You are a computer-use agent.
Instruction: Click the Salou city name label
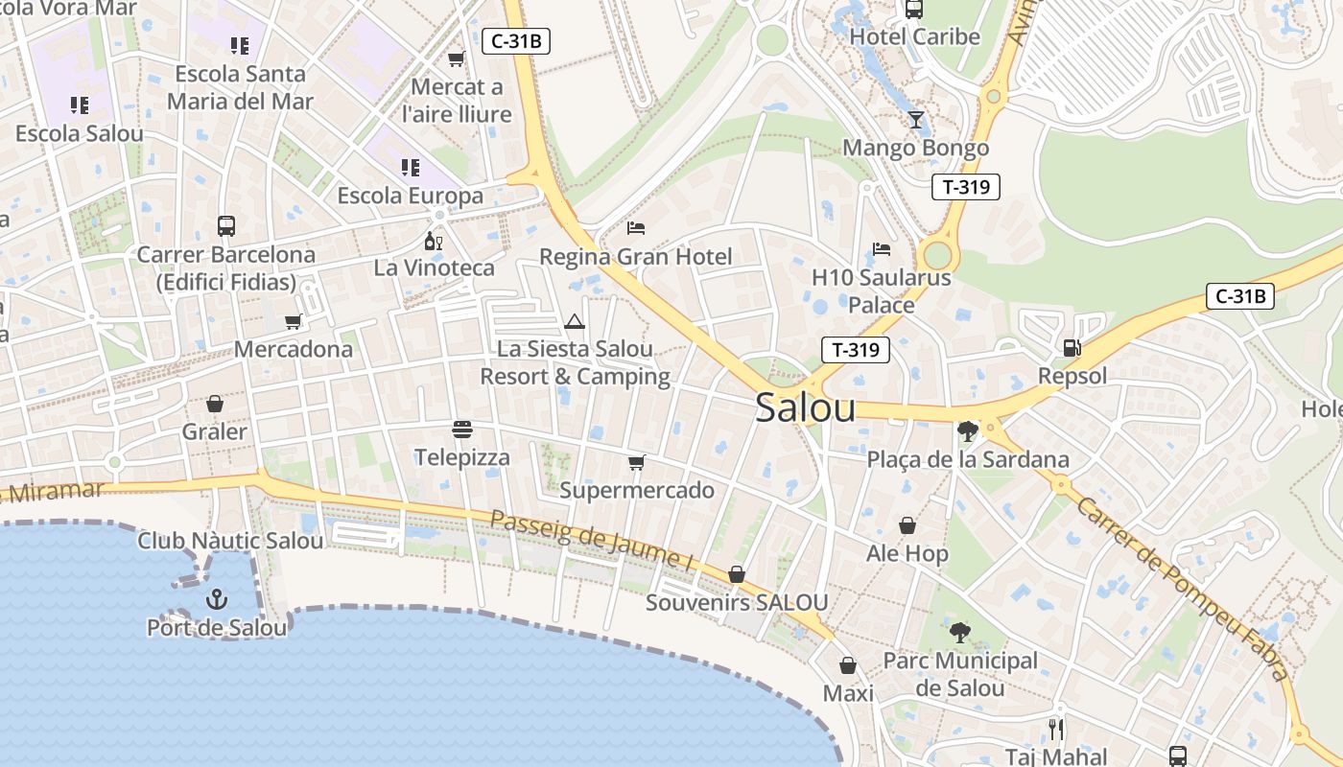[805, 408]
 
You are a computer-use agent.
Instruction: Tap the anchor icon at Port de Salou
[217, 600]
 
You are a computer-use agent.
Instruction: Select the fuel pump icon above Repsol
[1072, 348]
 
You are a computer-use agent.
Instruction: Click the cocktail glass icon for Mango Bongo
[916, 120]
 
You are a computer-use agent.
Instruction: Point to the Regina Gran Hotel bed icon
[635, 228]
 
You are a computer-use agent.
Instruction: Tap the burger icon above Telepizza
[462, 429]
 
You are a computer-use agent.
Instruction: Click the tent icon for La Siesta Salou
[574, 321]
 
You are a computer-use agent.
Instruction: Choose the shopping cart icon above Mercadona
[294, 321]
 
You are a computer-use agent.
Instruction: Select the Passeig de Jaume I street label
[591, 542]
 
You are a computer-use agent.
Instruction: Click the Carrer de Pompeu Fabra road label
[1183, 586]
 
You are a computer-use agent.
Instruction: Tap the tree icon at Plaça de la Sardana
[967, 431]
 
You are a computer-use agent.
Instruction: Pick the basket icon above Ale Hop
[907, 525]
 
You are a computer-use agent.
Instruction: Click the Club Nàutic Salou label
[230, 541]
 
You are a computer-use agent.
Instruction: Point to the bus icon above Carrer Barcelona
[226, 226]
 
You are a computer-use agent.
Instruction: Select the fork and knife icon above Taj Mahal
[1056, 730]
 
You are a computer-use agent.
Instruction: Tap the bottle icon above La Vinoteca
[434, 241]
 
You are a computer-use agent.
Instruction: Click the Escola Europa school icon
[411, 168]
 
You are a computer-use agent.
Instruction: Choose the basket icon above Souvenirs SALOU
[737, 574]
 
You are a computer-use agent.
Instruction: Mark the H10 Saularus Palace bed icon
[882, 249]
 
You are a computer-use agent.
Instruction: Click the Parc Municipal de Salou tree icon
[959, 633]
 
